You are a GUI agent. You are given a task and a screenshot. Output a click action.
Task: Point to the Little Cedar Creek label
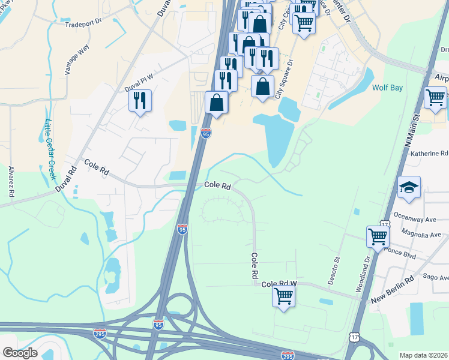click(50, 150)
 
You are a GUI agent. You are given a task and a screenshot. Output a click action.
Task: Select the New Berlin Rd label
click(393, 290)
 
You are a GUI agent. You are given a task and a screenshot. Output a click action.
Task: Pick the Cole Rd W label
click(280, 283)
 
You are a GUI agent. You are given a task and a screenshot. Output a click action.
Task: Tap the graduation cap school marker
click(409, 188)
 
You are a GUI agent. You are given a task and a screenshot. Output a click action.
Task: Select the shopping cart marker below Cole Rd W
click(283, 295)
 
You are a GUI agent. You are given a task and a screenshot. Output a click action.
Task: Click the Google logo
click(20, 352)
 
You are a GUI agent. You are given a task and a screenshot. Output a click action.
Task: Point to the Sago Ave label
click(436, 277)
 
